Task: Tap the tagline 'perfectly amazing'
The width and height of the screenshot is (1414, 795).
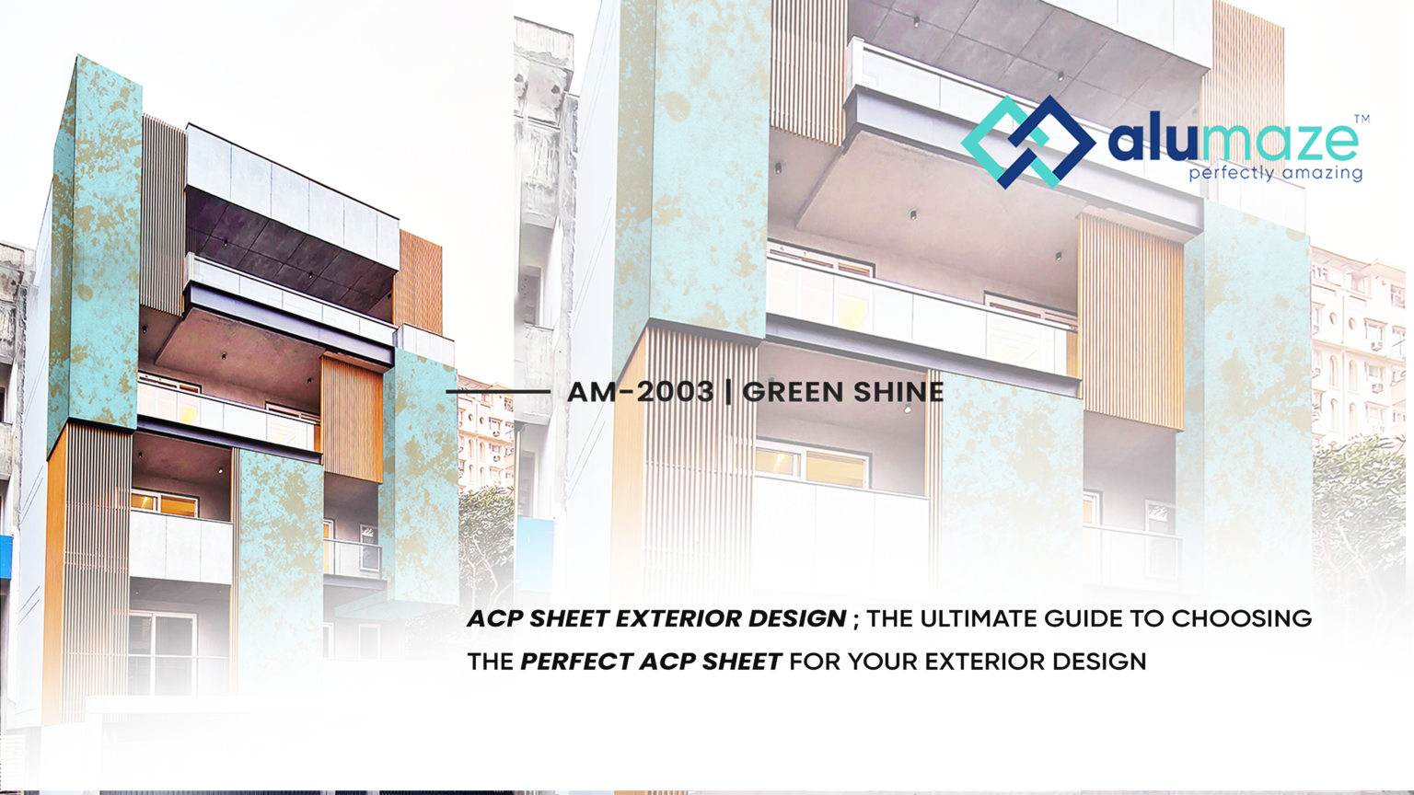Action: (x=1275, y=173)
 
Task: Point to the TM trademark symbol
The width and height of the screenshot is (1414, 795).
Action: (x=1362, y=119)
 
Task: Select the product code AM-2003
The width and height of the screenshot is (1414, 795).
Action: (x=640, y=392)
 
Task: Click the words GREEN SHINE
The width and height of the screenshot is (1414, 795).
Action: (x=843, y=392)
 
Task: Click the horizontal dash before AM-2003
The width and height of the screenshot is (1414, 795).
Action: (x=498, y=392)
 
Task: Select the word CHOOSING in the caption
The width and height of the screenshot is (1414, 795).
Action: (x=1241, y=618)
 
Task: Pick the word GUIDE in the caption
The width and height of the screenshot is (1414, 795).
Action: (x=1084, y=618)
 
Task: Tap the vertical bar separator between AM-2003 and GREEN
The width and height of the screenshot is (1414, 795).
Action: (x=729, y=392)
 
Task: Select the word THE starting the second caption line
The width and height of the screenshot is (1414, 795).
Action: (x=490, y=662)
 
